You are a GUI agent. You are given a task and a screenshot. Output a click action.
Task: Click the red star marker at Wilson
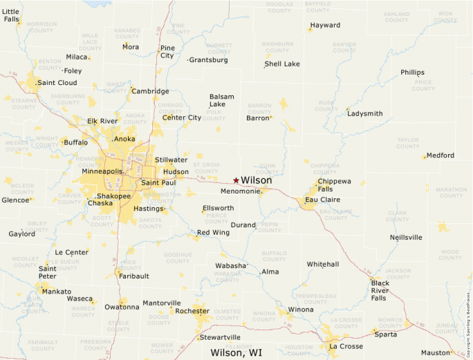tap(236, 180)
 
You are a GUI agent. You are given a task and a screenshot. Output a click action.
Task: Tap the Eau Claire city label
tap(322, 200)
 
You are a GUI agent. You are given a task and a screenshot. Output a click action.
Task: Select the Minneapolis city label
tap(102, 171)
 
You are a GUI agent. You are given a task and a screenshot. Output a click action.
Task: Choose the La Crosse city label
tap(345, 345)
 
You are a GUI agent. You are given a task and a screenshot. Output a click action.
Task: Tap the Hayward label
tap(325, 26)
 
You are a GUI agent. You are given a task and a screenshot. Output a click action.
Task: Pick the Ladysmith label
tap(364, 113)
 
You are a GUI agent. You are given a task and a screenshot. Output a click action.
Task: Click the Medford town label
tap(440, 155)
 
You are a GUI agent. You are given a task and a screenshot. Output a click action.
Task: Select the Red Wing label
tap(213, 232)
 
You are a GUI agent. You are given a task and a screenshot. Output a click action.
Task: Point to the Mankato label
tap(56, 292)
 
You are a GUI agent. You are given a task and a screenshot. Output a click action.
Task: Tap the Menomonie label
tap(240, 191)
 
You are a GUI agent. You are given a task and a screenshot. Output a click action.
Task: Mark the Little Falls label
tap(11, 15)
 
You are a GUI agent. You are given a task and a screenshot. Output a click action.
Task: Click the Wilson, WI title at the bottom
tap(236, 352)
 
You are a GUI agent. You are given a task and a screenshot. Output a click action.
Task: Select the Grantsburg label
tap(208, 60)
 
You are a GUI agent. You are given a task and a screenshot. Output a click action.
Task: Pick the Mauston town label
tap(436, 352)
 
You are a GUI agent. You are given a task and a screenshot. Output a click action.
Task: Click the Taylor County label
tap(407, 143)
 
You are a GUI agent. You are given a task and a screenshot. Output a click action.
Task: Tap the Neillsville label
tap(406, 237)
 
